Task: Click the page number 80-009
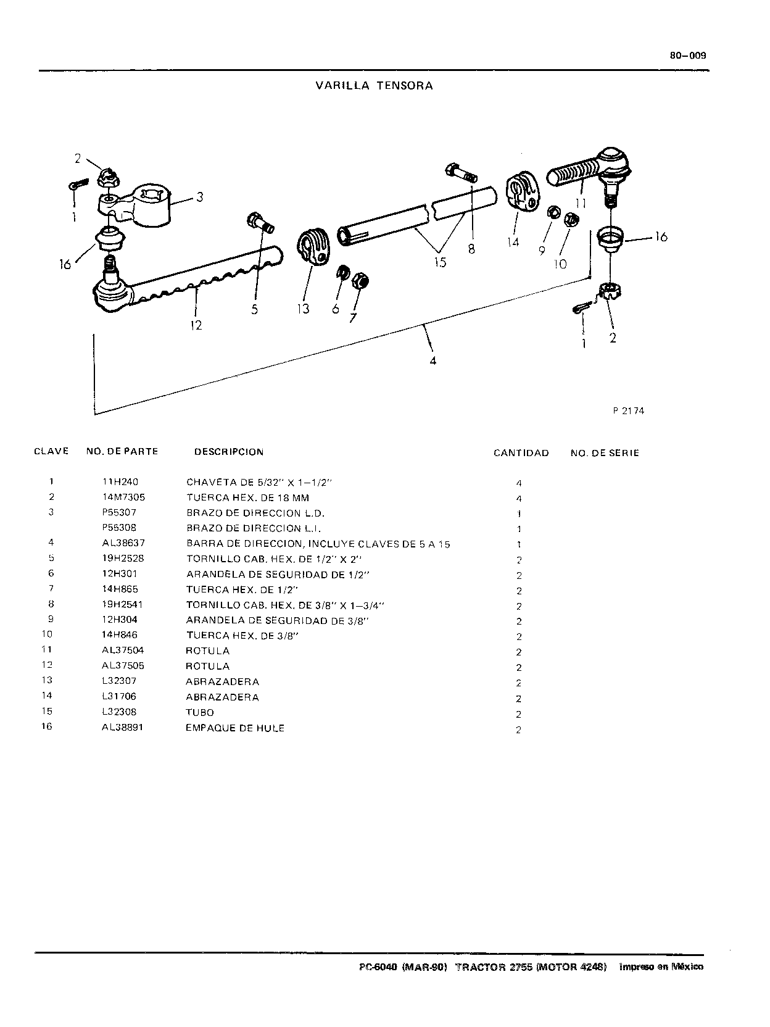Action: pyautogui.click(x=688, y=55)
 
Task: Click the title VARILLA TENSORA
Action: pyautogui.click(x=374, y=86)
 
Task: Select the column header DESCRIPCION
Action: pyautogui.click(x=229, y=452)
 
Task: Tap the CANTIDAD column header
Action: pyautogui.click(x=521, y=453)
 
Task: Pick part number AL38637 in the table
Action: pyautogui.click(x=123, y=543)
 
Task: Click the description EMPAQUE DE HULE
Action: pyautogui.click(x=234, y=728)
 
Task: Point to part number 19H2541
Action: pyautogui.click(x=123, y=604)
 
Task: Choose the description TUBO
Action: pyautogui.click(x=200, y=713)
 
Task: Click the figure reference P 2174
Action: pyautogui.click(x=628, y=411)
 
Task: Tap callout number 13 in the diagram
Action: pyautogui.click(x=303, y=309)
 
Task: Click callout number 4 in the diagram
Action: pyautogui.click(x=433, y=360)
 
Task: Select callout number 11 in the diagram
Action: pyautogui.click(x=581, y=203)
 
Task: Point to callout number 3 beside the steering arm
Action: pyautogui.click(x=200, y=197)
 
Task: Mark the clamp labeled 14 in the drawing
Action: pyautogui.click(x=523, y=191)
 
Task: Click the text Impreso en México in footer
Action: pyautogui.click(x=661, y=967)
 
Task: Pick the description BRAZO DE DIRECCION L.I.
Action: pyautogui.click(x=254, y=528)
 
